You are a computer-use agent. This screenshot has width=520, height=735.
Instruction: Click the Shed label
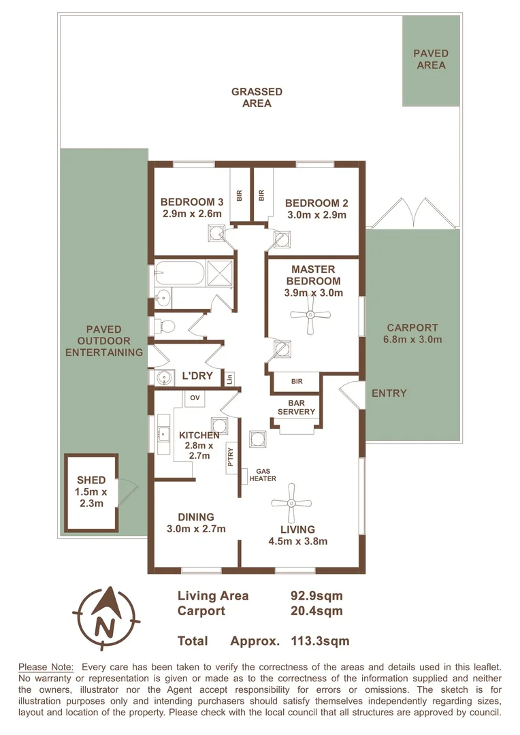pos(91,480)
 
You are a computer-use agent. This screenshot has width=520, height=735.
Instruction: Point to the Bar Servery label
pos(297,407)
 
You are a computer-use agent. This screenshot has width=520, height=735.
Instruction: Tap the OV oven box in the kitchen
pos(194,397)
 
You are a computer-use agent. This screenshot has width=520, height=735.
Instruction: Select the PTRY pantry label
pos(231,454)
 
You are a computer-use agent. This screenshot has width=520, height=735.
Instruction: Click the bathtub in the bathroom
pos(178,273)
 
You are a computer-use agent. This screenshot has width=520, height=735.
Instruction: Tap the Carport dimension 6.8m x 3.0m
pos(414,340)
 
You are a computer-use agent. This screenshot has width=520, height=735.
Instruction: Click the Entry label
pos(389,393)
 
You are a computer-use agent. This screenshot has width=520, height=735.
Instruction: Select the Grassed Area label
pos(257,97)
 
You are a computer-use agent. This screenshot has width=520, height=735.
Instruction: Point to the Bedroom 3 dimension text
pos(192,214)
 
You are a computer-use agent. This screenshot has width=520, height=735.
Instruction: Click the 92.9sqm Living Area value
pos(316,595)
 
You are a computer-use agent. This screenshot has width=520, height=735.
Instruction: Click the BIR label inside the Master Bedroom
pos(297,382)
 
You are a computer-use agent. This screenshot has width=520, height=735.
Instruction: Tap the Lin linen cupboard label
pos(229,378)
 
